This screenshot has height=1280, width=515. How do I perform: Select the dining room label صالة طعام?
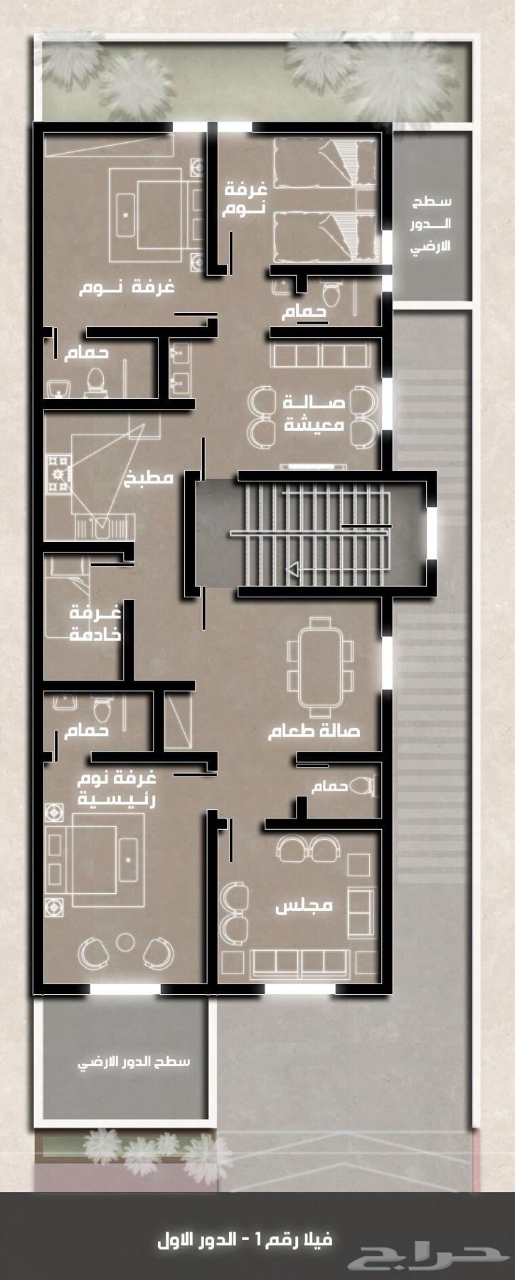314,731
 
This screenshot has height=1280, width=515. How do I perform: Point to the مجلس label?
304,906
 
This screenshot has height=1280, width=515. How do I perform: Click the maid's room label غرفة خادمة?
95,623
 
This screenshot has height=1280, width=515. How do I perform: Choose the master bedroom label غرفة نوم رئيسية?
117,788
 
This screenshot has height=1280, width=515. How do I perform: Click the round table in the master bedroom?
126,942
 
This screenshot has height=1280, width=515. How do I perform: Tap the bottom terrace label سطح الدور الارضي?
134,1062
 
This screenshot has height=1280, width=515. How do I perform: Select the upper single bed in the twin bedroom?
325,164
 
